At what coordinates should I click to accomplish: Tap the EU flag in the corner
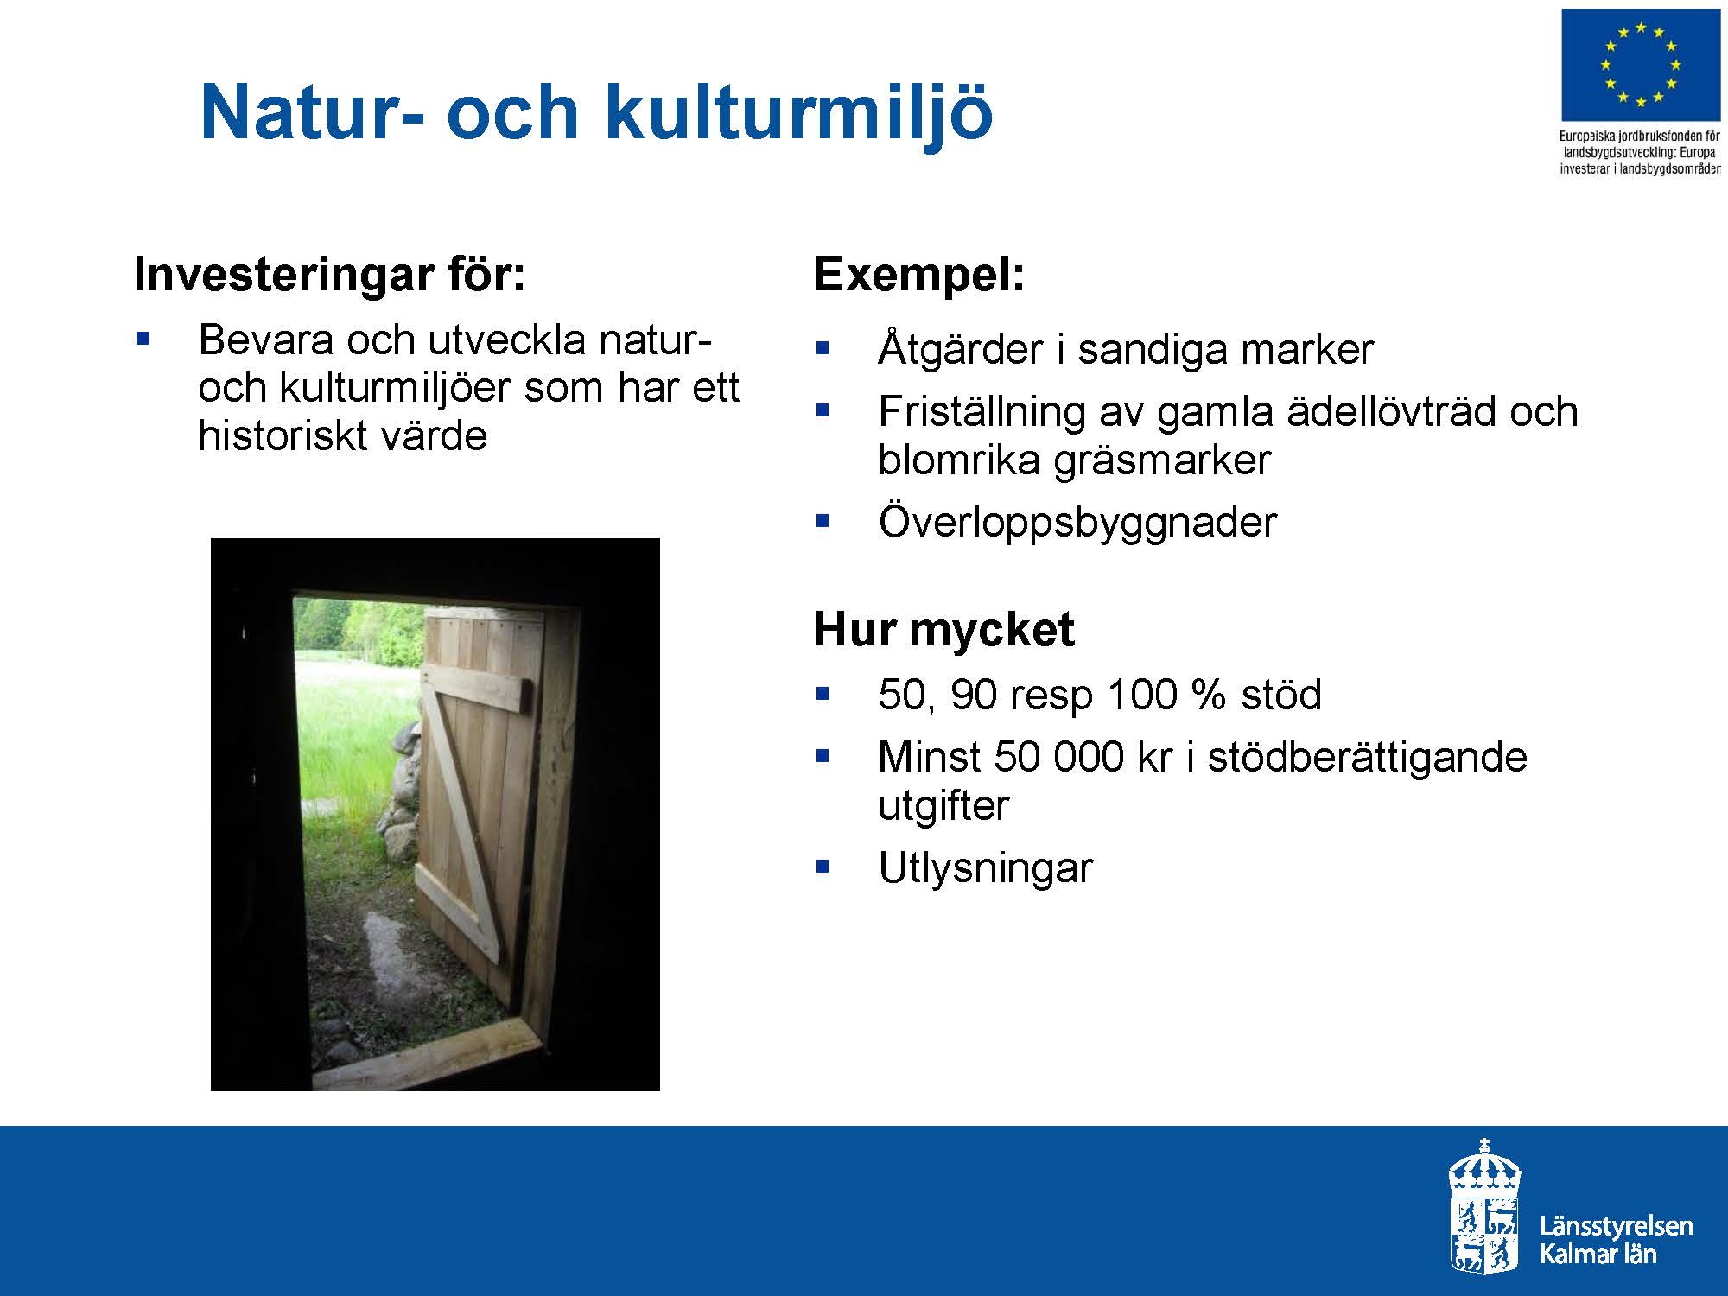coord(1640,65)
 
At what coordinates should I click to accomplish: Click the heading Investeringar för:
coord(330,275)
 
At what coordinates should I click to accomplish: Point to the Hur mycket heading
coord(944,630)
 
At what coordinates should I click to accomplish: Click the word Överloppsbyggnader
coord(1077,522)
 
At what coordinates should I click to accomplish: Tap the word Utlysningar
coord(986,867)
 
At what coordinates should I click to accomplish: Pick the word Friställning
coord(982,412)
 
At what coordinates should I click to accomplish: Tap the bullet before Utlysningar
coord(822,866)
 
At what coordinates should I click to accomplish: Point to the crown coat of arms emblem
coord(1484,1207)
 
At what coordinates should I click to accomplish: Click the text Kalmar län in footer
coord(1598,1254)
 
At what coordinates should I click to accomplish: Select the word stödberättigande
coord(1368,759)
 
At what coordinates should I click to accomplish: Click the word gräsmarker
coord(1163,461)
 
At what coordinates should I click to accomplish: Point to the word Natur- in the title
coord(313,113)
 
